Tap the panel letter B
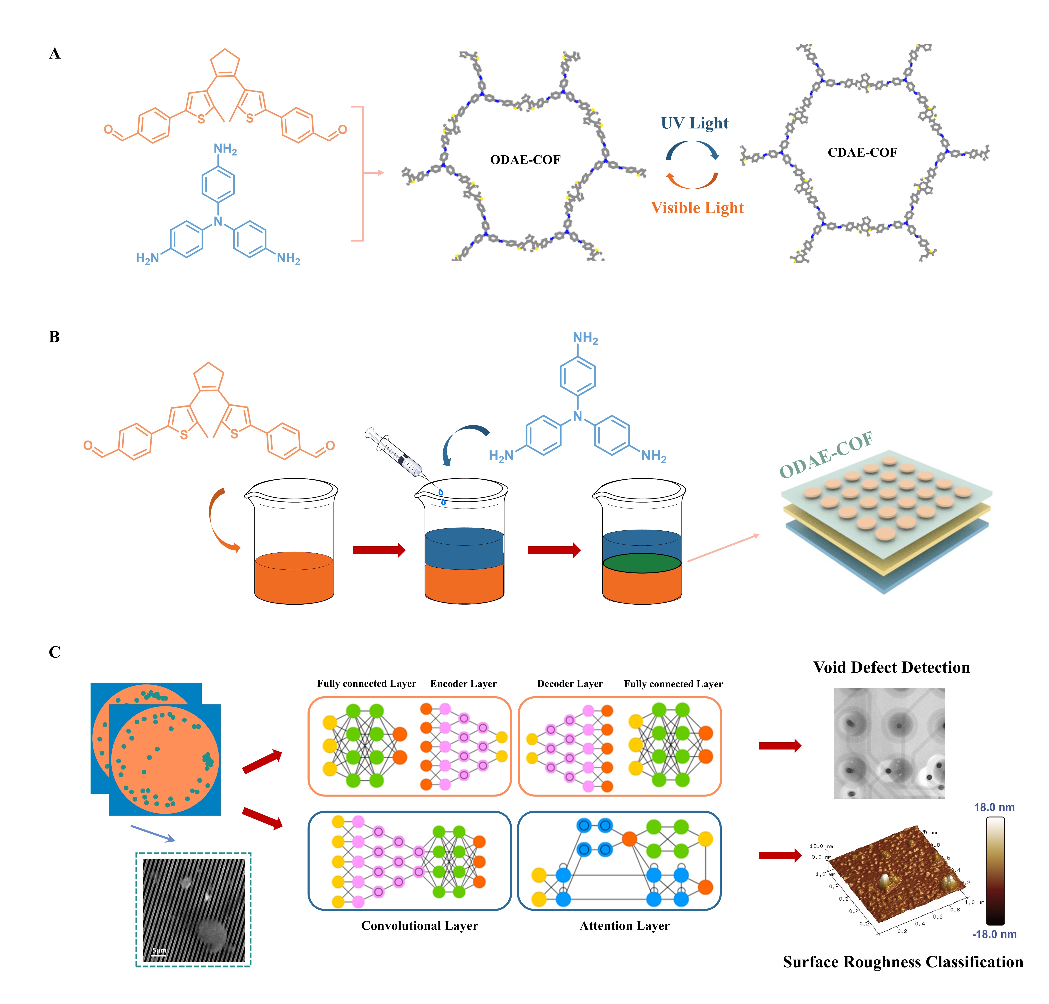click(54, 337)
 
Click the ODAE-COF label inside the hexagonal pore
click(525, 160)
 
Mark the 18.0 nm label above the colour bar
click(994, 807)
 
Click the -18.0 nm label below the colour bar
click(994, 934)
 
